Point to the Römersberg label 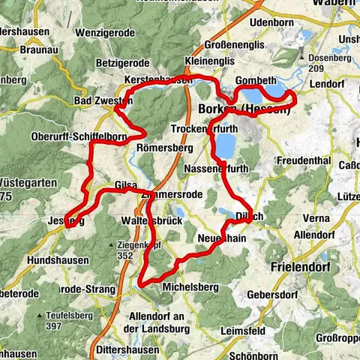(x=161, y=148)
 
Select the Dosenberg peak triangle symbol (x=301, y=57)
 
